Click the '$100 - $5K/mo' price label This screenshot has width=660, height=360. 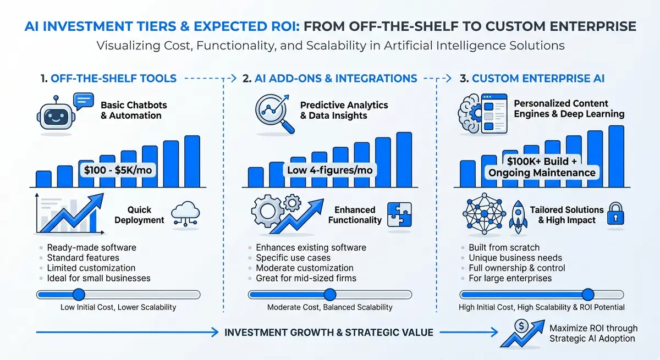click(x=118, y=170)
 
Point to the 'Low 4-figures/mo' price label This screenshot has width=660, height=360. click(x=329, y=170)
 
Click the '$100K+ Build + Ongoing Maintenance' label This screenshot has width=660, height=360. click(x=542, y=167)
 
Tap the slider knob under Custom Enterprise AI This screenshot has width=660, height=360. click(x=587, y=295)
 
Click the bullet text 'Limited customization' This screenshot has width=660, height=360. click(x=91, y=268)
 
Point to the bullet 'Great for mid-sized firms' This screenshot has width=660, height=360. click(x=306, y=278)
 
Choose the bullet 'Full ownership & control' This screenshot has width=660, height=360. click(x=516, y=268)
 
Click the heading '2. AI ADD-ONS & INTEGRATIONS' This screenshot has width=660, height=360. click(x=329, y=79)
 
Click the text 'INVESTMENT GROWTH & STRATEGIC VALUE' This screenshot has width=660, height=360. click(x=329, y=332)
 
